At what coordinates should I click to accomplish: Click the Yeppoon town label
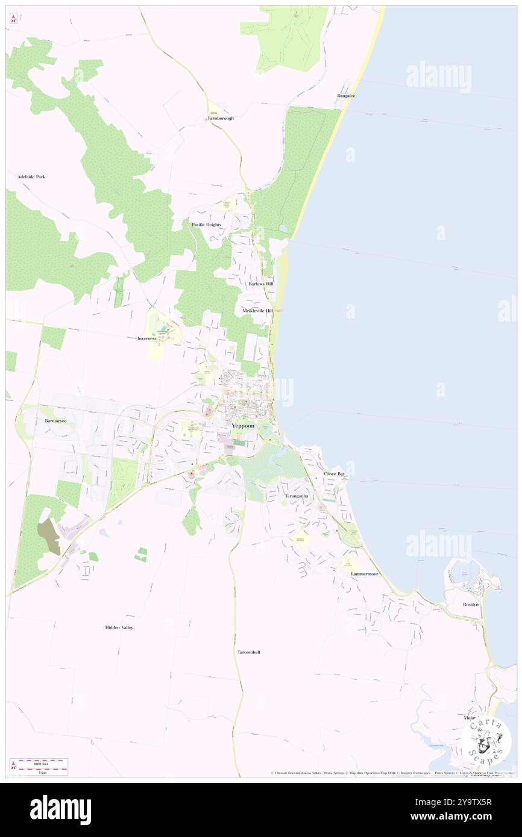tap(243, 426)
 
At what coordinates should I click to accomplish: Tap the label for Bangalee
tap(346, 96)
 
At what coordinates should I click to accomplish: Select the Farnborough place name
tap(221, 118)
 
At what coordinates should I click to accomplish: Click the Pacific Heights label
tap(206, 225)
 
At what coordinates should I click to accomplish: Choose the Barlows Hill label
tap(260, 283)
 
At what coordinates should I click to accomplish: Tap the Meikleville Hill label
tap(257, 311)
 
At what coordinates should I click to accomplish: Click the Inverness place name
tap(146, 338)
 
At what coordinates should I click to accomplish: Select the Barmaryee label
tap(56, 421)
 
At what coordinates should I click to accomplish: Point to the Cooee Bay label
tap(334, 475)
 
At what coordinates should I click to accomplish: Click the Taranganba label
tap(297, 496)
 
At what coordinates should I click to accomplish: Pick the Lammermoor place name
tap(364, 574)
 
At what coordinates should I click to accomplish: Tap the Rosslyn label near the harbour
tap(471, 604)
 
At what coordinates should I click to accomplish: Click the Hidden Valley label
tap(119, 627)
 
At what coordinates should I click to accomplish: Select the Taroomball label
tap(248, 652)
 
